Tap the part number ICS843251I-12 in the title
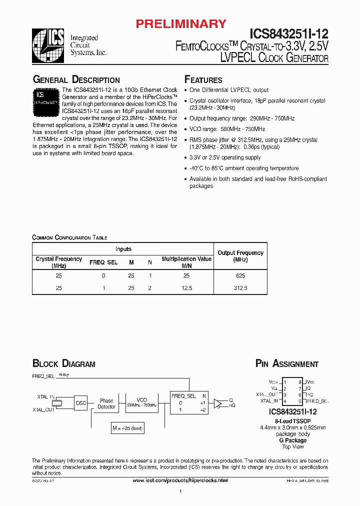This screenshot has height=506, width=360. click(287, 34)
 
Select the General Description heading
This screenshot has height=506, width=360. click(76, 80)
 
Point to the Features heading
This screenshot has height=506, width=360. click(203, 80)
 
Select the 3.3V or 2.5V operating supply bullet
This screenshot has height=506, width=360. click(225, 157)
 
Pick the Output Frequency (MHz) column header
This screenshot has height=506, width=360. click(240, 256)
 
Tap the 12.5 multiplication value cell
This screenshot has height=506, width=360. click(186, 288)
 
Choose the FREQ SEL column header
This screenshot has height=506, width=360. click(103, 262)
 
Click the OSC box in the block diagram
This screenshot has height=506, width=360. click(80, 403)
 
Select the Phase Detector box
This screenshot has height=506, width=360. click(106, 403)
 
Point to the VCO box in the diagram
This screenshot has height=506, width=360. click(142, 403)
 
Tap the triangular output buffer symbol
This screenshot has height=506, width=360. click(218, 403)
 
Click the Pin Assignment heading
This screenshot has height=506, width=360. click(286, 364)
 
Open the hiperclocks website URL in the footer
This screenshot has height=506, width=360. click(180, 480)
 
